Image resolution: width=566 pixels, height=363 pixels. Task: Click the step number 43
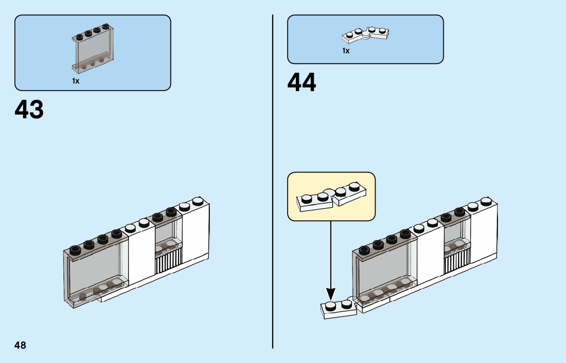point(29,110)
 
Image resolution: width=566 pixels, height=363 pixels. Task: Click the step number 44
point(302,82)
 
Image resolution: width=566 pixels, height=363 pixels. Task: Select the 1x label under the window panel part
point(76,81)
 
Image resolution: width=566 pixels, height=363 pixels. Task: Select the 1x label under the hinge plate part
point(346,51)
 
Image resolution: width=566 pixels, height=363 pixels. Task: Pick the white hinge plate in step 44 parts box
point(365,34)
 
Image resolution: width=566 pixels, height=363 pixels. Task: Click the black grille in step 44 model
point(457,258)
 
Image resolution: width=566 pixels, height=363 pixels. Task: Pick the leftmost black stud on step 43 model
point(76,250)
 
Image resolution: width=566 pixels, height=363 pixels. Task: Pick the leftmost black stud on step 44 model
point(365,249)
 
